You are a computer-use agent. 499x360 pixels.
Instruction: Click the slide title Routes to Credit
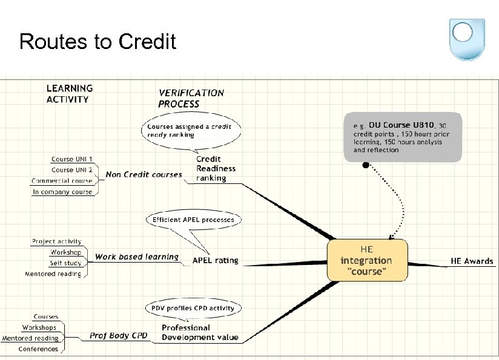(x=97, y=42)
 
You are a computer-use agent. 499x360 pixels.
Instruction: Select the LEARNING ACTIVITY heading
(x=70, y=94)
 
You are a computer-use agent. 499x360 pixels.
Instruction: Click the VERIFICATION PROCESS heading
(x=191, y=99)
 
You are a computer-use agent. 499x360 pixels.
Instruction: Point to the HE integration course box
(x=367, y=260)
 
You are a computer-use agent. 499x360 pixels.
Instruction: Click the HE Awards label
(x=472, y=261)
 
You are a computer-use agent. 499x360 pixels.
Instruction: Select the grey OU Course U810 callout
(x=402, y=137)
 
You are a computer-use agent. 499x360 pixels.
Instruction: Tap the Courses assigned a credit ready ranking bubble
(x=189, y=131)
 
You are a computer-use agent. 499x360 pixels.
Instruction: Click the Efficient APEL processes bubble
(x=193, y=220)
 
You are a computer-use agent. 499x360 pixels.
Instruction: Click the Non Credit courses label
(x=144, y=175)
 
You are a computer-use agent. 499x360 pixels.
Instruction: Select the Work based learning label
(x=137, y=257)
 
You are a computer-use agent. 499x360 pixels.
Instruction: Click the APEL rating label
(x=216, y=261)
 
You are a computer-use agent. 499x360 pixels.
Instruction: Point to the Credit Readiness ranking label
(x=211, y=169)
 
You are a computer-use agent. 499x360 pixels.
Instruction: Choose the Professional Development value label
(x=200, y=333)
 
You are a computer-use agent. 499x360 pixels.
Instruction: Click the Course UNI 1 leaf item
(x=71, y=159)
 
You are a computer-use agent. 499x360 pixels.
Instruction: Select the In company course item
(x=62, y=192)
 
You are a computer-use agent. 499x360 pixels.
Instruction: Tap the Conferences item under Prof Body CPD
(x=38, y=349)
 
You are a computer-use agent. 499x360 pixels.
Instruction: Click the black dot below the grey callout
(x=365, y=165)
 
